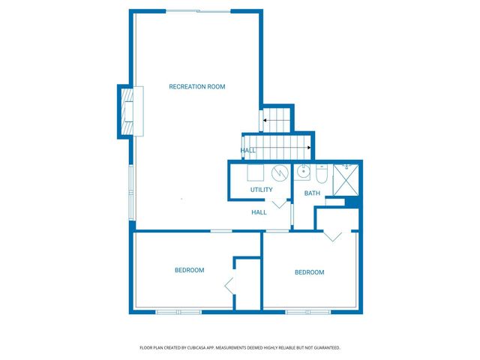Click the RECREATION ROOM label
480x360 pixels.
(x=196, y=87)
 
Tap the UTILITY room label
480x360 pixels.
(x=262, y=190)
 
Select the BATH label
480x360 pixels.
(x=312, y=193)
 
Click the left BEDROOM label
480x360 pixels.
(x=189, y=270)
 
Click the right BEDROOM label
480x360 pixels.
(x=309, y=272)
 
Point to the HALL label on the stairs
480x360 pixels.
(x=248, y=151)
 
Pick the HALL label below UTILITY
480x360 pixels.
(x=259, y=212)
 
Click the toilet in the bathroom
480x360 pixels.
(x=321, y=175)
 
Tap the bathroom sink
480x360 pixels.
(x=303, y=172)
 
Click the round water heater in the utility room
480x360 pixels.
(x=280, y=173)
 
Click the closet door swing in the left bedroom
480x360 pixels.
(x=230, y=285)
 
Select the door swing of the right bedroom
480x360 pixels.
(x=333, y=235)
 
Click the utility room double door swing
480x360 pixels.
(x=278, y=203)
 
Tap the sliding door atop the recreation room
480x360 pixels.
(x=198, y=11)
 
